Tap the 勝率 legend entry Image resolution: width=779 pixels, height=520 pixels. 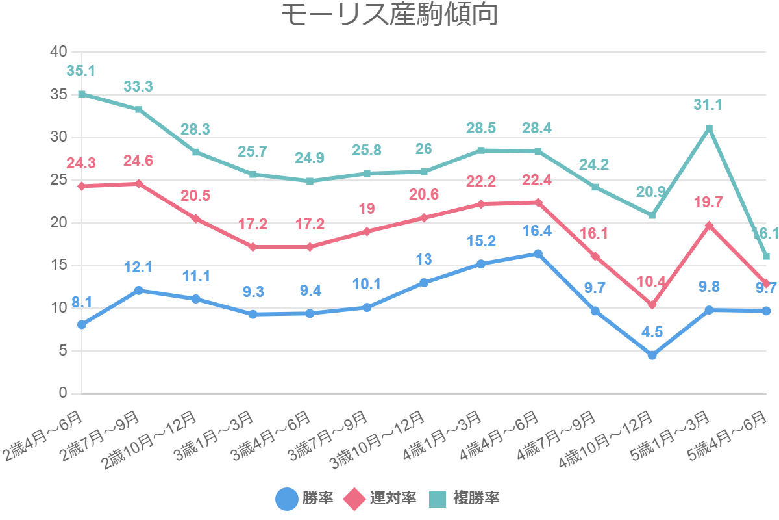click(x=305, y=499)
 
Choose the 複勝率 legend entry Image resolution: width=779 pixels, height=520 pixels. click(x=464, y=499)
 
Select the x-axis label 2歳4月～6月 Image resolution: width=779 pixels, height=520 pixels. click(x=44, y=434)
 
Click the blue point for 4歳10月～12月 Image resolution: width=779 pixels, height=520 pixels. click(x=652, y=355)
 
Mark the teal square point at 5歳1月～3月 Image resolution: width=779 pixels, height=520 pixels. click(x=709, y=128)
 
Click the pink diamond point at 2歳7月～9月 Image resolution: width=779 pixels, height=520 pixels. click(x=139, y=184)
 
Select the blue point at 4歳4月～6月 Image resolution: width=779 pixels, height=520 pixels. click(x=538, y=253)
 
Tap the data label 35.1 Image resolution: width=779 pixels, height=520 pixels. click(x=80, y=71)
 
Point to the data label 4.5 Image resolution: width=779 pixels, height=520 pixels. click(x=652, y=332)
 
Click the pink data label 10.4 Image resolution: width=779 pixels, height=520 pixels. click(x=652, y=281)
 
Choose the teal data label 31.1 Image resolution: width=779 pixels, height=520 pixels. click(x=709, y=105)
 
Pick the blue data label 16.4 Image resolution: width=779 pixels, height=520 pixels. click(x=538, y=231)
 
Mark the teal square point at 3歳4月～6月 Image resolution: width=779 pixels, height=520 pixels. click(x=310, y=181)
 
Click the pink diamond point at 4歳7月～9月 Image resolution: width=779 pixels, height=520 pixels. click(x=595, y=256)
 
